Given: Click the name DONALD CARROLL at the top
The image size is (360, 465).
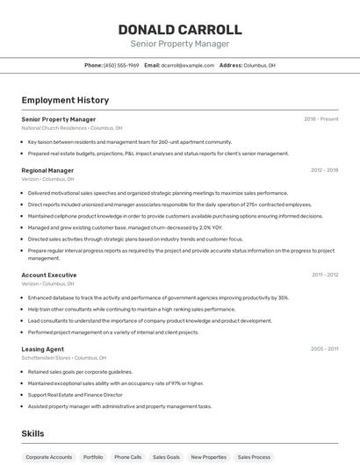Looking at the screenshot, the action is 180,30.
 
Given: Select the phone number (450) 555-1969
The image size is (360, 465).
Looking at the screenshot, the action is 121,65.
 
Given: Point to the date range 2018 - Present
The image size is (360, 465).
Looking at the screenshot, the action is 321,118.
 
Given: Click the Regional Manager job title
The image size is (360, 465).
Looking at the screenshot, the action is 47,170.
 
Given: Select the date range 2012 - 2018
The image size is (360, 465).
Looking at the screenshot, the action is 324,170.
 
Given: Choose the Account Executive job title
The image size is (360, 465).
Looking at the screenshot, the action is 49,275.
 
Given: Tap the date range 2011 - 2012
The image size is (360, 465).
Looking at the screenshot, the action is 325,275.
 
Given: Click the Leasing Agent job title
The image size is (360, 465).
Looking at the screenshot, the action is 42,349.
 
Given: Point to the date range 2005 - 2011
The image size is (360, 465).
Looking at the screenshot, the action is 324,349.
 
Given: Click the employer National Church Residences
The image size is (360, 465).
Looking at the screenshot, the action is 54,128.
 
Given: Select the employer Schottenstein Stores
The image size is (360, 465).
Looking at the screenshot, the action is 47,358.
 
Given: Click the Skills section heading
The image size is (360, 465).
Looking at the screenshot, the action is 32,433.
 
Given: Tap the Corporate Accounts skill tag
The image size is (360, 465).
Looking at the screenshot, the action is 49,457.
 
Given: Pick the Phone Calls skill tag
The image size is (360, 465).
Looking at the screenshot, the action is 127,457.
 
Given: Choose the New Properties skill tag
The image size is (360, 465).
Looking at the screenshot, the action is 208,457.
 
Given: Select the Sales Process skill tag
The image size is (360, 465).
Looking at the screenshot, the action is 254,457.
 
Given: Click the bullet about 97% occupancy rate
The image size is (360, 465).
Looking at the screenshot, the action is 115,383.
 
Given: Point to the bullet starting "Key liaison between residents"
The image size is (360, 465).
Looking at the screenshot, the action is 129,141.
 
